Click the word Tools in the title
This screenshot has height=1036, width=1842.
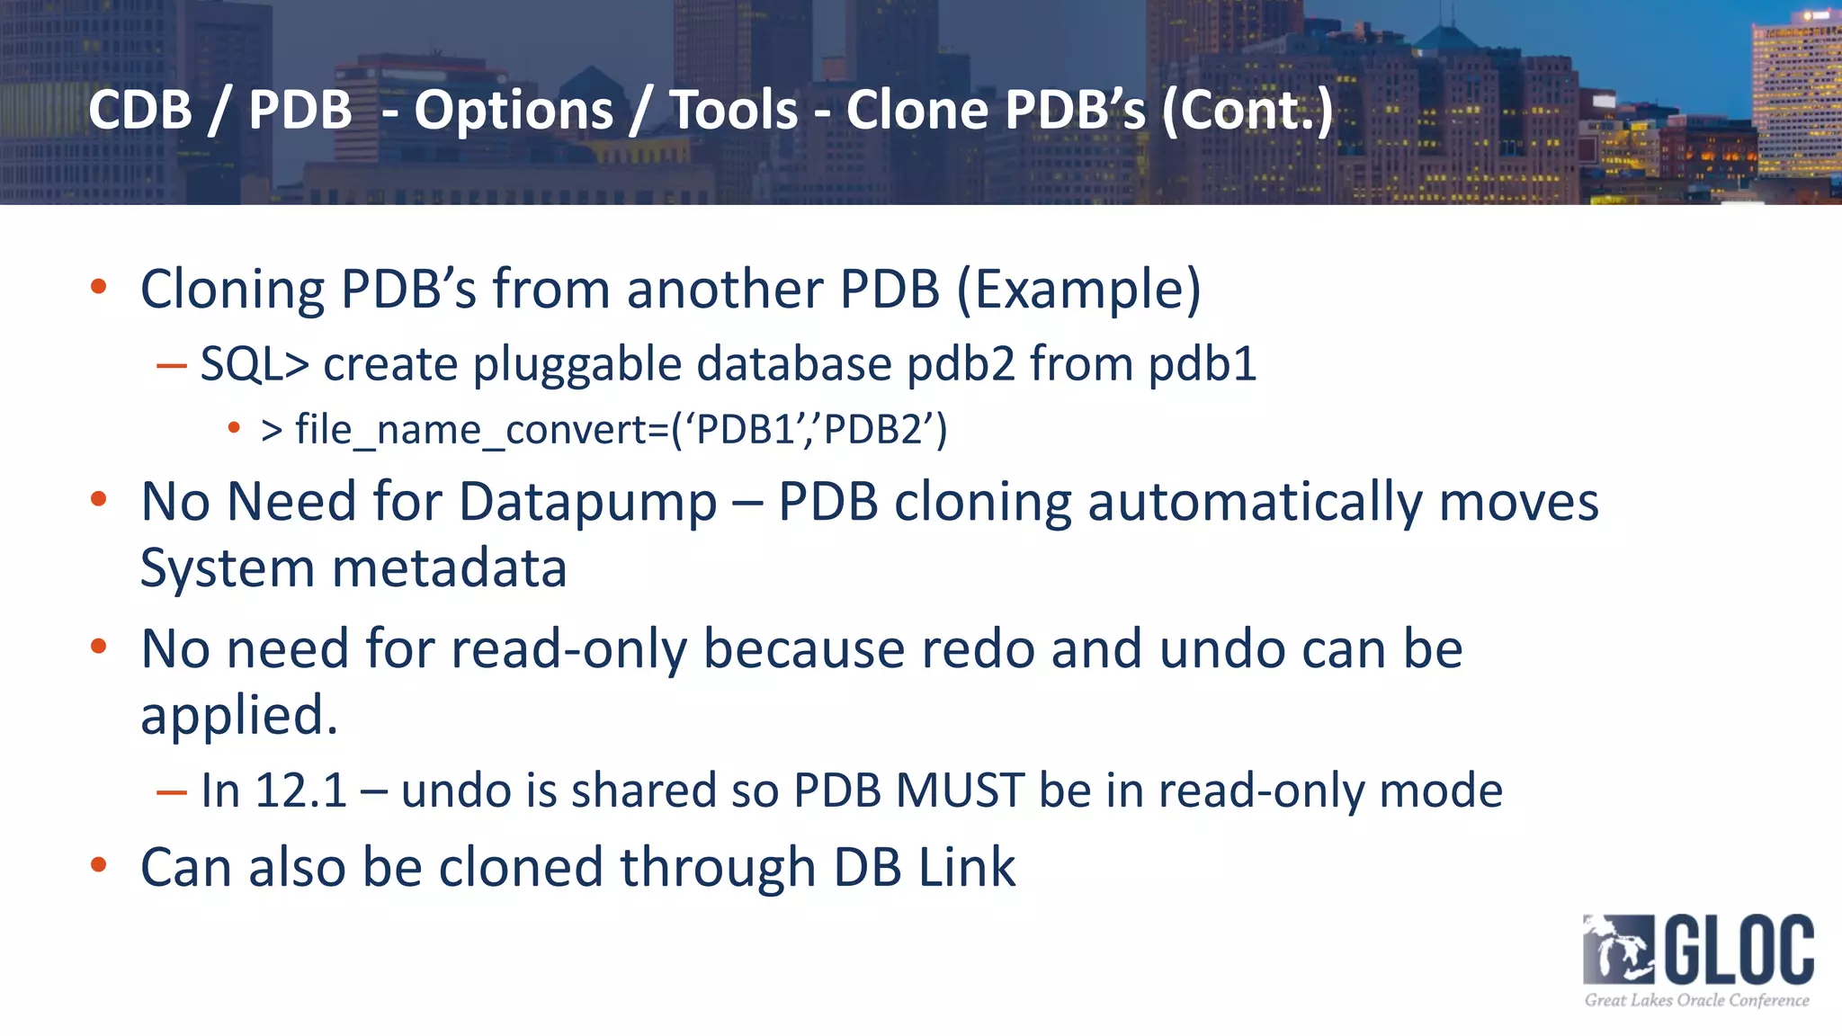734,110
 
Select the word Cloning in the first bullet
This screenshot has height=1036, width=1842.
232,290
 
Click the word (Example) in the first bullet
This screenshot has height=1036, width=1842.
1078,290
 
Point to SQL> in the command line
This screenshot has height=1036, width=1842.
255,364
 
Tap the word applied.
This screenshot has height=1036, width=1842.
239,716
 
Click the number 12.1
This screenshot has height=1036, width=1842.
300,790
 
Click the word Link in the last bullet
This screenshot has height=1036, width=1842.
966,868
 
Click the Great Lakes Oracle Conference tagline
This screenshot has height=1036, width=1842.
1696,1000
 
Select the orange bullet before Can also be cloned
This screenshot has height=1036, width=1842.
99,865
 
